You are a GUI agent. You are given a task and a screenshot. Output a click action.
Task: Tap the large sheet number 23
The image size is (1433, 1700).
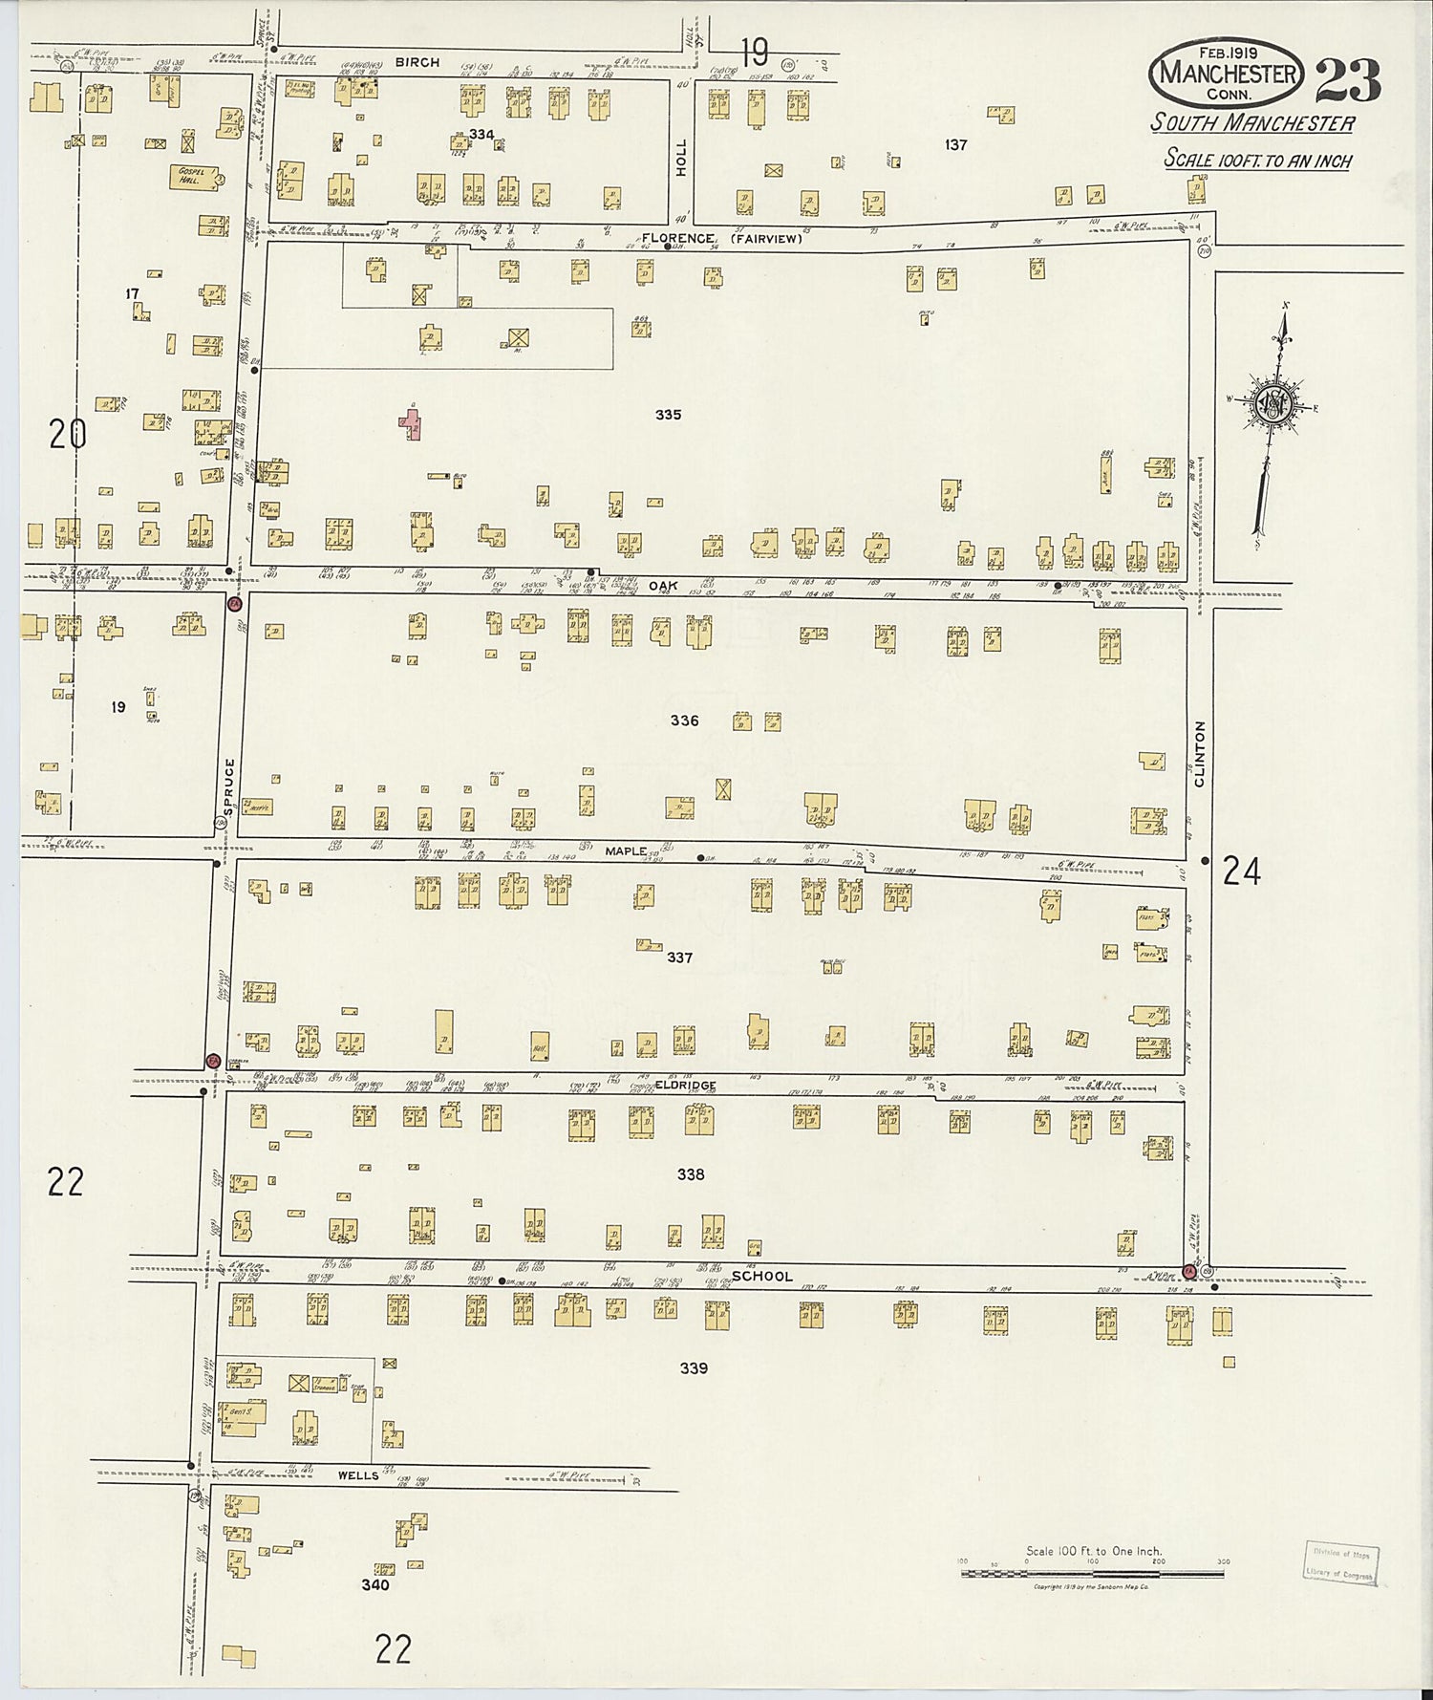tap(1348, 79)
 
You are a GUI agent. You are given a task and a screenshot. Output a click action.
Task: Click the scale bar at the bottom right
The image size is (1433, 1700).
tap(1094, 1571)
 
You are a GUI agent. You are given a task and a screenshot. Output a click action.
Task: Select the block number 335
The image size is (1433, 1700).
tap(668, 415)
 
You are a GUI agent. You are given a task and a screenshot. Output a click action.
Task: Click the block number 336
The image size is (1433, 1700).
tap(684, 721)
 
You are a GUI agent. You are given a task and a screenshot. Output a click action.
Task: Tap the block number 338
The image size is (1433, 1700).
tap(690, 1174)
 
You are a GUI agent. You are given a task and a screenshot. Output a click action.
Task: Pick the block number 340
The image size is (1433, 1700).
tap(374, 1584)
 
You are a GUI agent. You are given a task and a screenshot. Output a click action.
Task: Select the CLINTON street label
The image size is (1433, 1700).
tap(1200, 754)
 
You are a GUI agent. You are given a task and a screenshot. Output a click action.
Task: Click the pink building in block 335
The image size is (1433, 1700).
tap(411, 422)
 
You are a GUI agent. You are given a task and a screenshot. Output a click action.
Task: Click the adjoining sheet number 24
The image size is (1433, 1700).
tap(1241, 872)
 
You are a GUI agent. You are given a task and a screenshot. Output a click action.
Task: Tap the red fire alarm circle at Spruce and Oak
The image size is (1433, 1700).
tap(234, 603)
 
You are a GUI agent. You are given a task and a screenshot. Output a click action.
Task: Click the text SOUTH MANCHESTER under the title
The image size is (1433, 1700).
tap(1251, 123)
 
